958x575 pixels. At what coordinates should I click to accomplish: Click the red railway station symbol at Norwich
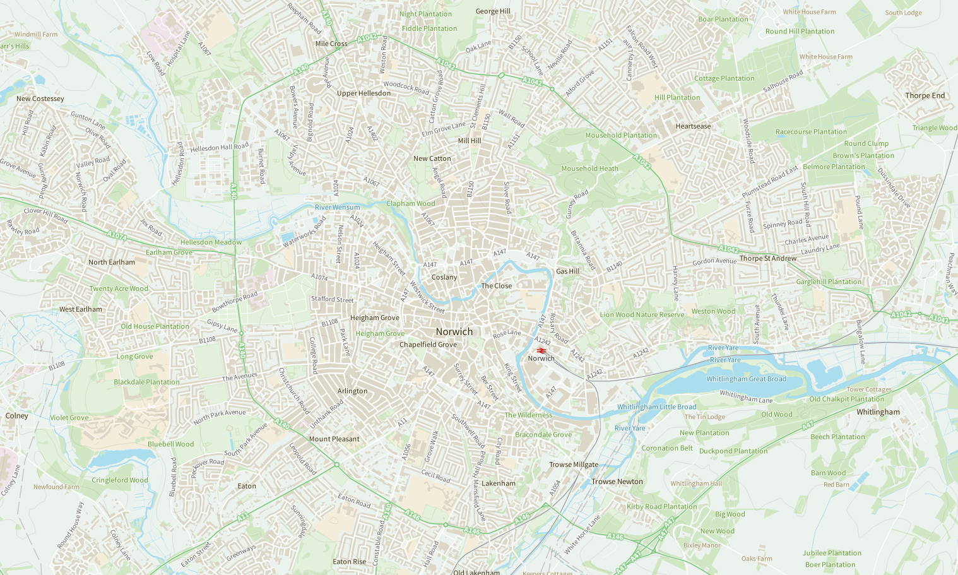pos(541,350)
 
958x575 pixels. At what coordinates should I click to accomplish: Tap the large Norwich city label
pos(454,331)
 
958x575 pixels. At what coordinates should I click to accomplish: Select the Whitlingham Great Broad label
pos(746,379)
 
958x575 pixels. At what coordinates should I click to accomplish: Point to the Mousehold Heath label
pos(589,169)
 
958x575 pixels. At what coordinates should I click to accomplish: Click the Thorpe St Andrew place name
pos(767,258)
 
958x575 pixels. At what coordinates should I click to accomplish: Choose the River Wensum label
pos(337,207)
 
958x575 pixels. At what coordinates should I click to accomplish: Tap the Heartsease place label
pos(693,126)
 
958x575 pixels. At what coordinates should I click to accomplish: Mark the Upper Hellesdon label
pos(364,93)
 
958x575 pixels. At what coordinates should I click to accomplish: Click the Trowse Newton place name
pos(617,482)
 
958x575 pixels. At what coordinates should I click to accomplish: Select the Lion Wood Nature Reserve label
pos(642,314)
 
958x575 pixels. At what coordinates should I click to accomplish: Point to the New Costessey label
pos(40,98)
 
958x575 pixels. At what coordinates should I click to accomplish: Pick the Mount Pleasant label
pos(334,439)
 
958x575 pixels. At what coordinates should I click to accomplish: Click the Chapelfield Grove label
pos(427,345)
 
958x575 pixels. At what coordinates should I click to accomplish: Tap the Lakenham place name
pos(498,483)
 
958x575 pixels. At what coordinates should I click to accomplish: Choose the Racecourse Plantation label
pos(811,132)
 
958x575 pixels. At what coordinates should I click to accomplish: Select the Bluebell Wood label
pos(170,444)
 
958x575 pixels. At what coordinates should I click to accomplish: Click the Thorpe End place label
pos(925,96)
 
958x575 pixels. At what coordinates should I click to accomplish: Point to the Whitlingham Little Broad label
pos(656,407)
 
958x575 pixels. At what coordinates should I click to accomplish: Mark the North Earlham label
pos(111,262)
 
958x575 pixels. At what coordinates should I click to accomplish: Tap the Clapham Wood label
pos(410,203)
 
